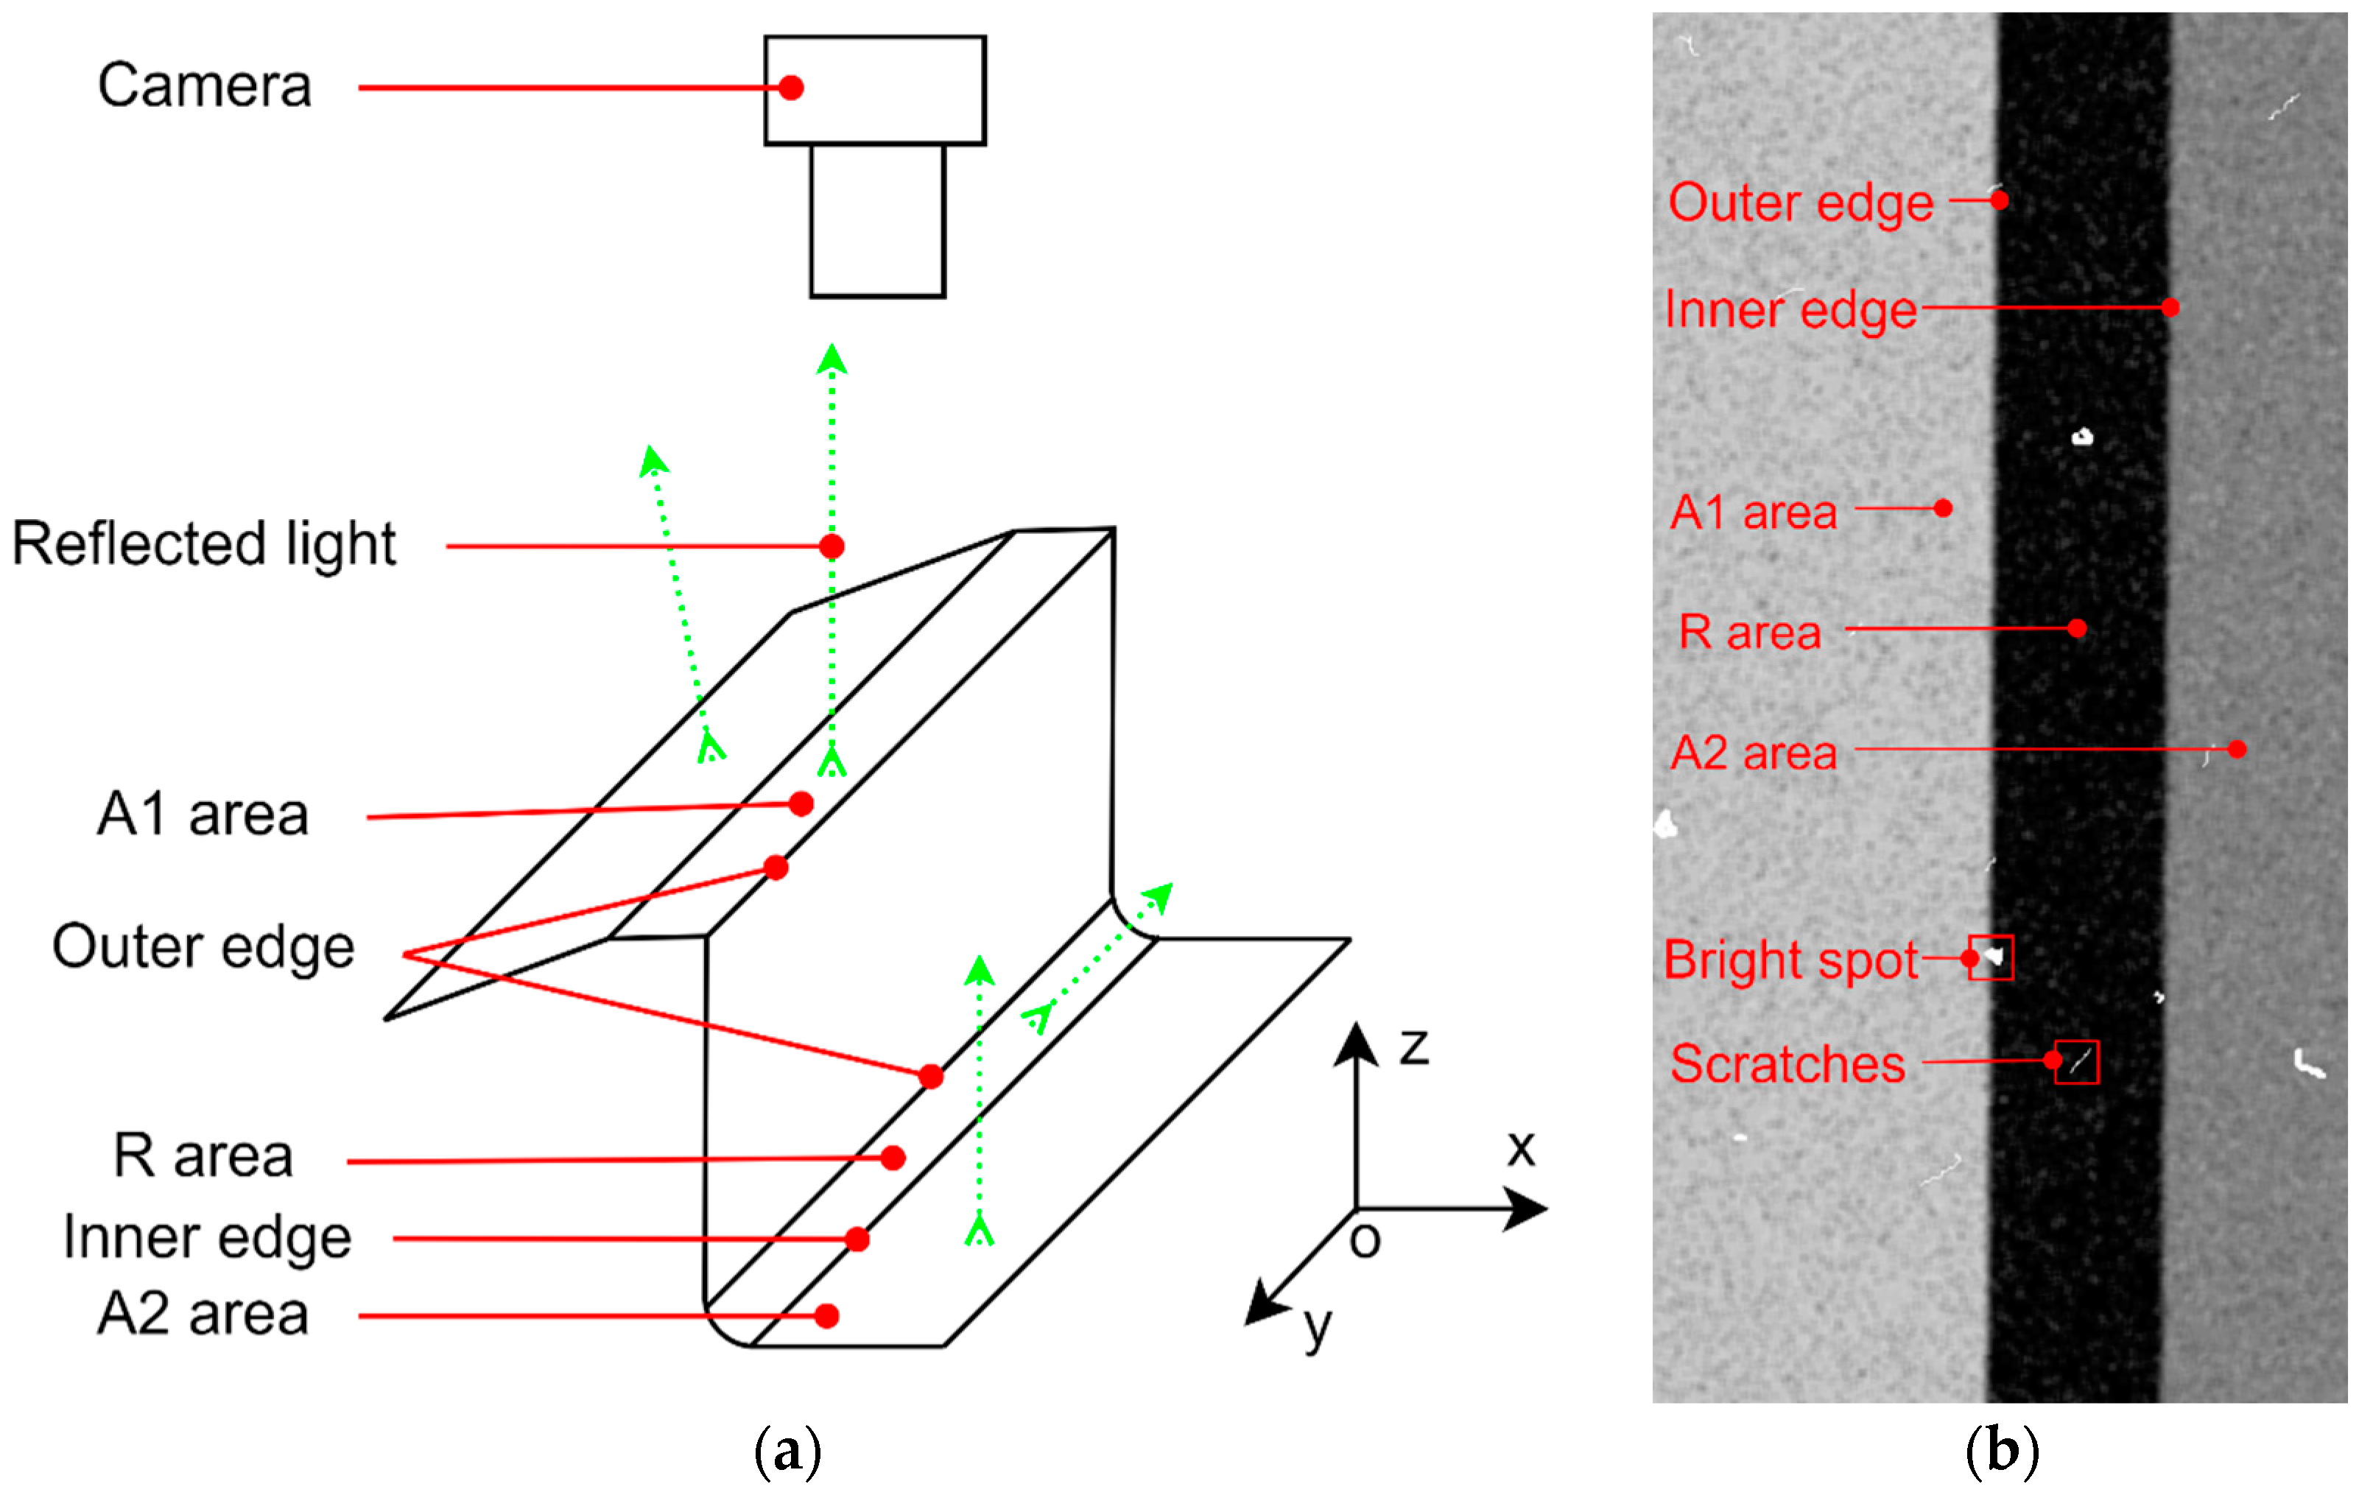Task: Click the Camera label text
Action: [205, 86]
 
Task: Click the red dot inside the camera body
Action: [792, 88]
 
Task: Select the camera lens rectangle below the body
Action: [878, 222]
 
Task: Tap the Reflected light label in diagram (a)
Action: [204, 545]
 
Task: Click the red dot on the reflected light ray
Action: [832, 546]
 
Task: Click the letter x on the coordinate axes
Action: [1520, 1148]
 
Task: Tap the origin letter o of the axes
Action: [1365, 1241]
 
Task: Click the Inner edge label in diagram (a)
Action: [208, 1238]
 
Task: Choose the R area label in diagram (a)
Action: [204, 1157]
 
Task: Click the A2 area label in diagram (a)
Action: [204, 1315]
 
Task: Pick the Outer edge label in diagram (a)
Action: [204, 949]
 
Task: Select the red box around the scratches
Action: [2077, 1062]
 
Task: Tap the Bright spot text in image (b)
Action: [1791, 961]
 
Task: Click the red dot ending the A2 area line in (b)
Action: [2237, 750]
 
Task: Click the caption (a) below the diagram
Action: [787, 1452]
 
